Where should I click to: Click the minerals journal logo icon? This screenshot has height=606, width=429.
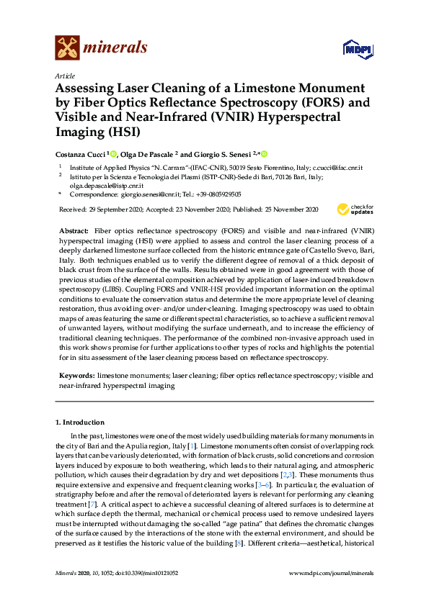67,48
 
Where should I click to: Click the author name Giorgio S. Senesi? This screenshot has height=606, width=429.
224,154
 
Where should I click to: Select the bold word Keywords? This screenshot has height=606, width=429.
76,376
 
